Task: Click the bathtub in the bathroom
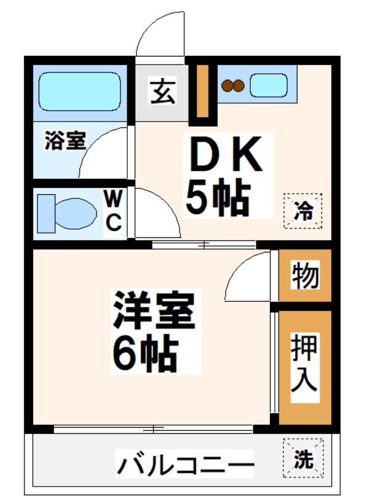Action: (79, 92)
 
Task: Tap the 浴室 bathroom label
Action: (65, 141)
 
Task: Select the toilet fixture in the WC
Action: (66, 212)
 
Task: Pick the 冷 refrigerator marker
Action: (302, 211)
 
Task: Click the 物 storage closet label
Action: (306, 276)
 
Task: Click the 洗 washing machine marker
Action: (302, 458)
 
